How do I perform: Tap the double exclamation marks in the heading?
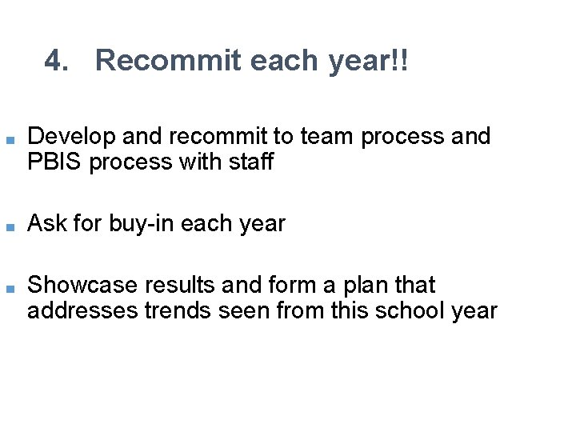coord(400,61)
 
